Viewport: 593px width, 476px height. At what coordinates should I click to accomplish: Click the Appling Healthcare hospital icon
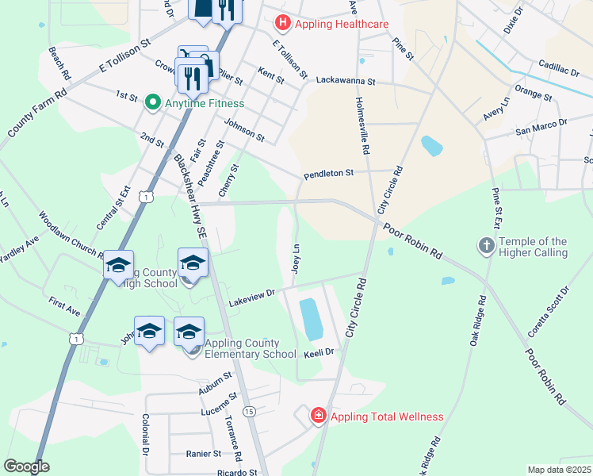pos(281,24)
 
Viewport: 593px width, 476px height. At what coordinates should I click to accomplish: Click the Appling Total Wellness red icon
pos(319,416)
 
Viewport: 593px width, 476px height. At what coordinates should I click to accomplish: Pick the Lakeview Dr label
pos(251,298)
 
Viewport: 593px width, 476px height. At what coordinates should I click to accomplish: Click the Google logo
pos(26,466)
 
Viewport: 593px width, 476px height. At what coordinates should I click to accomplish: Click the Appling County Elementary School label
pos(251,348)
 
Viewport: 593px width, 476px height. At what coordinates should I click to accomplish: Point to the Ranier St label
pos(204,454)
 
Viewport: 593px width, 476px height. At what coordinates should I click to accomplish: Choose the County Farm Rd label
pos(36,111)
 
